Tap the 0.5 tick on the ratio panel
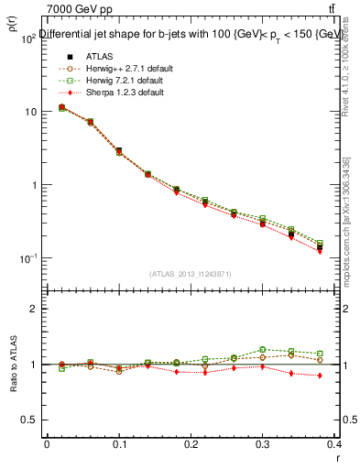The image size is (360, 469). [32, 420]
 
